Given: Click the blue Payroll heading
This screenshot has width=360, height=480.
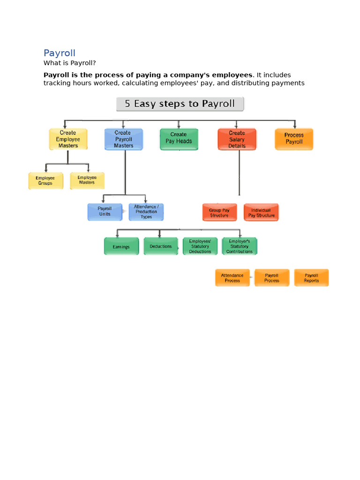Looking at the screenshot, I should tap(60, 53).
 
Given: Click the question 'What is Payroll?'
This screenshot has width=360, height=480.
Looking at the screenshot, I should tap(69, 63).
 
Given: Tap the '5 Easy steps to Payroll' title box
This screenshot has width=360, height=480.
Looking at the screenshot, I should tap(180, 104).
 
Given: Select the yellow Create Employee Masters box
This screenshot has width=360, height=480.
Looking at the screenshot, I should tap(68, 139).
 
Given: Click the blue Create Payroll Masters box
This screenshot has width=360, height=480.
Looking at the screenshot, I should tap(123, 139).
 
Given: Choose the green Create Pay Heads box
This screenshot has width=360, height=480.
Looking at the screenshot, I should tap(179, 139).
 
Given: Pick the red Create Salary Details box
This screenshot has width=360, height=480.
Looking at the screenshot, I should tap(237, 139).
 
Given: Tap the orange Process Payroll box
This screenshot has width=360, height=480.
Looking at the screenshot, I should tap(294, 139).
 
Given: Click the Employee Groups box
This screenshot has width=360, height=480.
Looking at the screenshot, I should tap(45, 180).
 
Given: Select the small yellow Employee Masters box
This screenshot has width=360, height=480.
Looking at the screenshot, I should tap(87, 180).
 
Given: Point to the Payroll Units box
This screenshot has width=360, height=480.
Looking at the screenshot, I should tap(105, 212).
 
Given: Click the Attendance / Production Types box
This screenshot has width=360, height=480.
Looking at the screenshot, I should tap(146, 212).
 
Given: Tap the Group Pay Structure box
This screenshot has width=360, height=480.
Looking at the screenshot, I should tap(219, 212).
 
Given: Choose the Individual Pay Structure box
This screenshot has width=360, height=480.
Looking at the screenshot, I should tap(261, 212).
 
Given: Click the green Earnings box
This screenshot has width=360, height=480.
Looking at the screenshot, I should tap(121, 246).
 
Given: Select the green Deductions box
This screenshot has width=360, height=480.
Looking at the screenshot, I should tap(161, 246).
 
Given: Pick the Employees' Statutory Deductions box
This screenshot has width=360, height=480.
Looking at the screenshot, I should tap(200, 246).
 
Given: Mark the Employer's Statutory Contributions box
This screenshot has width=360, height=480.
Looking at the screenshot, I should tap(240, 246).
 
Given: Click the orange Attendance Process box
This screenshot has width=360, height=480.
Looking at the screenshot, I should tap(232, 277).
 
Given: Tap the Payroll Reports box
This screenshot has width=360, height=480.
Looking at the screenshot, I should tap(311, 277).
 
